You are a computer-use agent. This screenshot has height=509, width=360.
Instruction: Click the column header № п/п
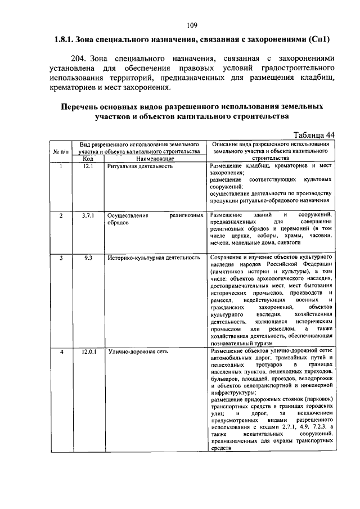[x=60, y=151]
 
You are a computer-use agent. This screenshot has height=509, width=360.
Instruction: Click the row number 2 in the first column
[x=60, y=215]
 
